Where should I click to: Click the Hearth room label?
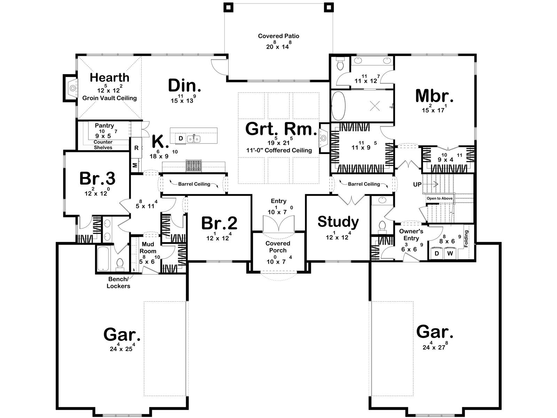tap(109, 78)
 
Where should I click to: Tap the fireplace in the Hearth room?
tap(72, 88)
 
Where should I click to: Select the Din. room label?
tap(185, 86)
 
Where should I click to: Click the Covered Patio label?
tap(278, 36)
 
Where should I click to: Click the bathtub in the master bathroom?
tap(338, 106)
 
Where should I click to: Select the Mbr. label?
tap(434, 96)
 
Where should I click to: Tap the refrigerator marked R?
tap(136, 148)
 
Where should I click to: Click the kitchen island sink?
tap(194, 139)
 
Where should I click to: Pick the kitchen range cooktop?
tap(194, 165)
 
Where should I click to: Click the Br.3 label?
tap(97, 178)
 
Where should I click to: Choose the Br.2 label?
tap(219, 223)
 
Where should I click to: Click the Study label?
tap(338, 222)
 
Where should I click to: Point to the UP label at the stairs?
tap(417, 185)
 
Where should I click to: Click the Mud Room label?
tap(148, 248)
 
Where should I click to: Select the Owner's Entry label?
tap(411, 235)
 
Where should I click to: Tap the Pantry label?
tap(104, 125)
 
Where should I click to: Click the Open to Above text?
tap(440, 198)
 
